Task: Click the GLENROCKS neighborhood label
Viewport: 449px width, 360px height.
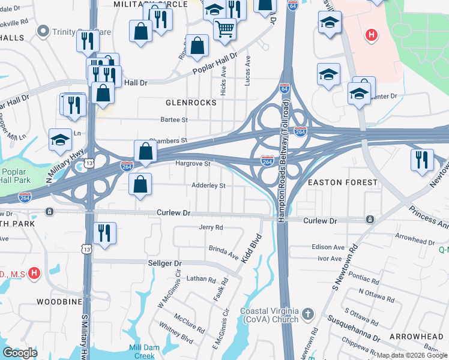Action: pyautogui.click(x=191, y=103)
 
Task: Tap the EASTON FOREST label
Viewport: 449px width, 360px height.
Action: pyautogui.click(x=342, y=182)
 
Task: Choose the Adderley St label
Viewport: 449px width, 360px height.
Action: pyautogui.click(x=208, y=186)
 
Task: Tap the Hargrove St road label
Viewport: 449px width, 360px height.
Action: pyautogui.click(x=192, y=163)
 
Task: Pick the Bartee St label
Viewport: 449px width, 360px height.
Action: pyautogui.click(x=176, y=120)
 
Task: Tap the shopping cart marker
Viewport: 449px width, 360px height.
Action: pyautogui.click(x=224, y=28)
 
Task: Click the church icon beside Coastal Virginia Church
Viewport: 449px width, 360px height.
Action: pyautogui.click(x=307, y=314)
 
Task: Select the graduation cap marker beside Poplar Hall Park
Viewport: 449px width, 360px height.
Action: pyautogui.click(x=60, y=140)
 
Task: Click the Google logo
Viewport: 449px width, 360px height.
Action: pyautogui.click(x=20, y=352)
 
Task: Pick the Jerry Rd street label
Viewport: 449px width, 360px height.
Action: pyautogui.click(x=211, y=228)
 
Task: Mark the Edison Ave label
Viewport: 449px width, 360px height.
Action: pyautogui.click(x=328, y=247)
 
